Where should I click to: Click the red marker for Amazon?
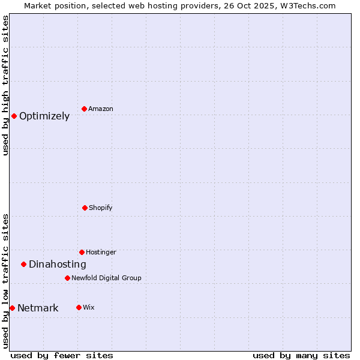(85, 109)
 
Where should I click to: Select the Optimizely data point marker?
(14, 116)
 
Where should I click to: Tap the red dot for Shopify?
(85, 208)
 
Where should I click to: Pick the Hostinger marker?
(82, 252)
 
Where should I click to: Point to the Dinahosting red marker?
(23, 264)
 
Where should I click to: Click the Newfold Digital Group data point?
(67, 278)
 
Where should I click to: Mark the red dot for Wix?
(79, 307)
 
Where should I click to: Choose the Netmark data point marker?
(12, 308)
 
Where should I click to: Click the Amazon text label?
(101, 109)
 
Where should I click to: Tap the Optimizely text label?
(44, 116)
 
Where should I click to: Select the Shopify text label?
(101, 208)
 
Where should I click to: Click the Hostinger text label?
(101, 252)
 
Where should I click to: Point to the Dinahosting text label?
(58, 265)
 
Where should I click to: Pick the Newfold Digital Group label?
(106, 278)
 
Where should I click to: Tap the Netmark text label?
(38, 308)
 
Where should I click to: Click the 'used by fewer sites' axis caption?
(62, 355)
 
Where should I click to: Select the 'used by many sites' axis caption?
(301, 355)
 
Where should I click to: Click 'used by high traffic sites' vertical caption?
(5, 85)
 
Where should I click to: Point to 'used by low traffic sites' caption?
(5, 280)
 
